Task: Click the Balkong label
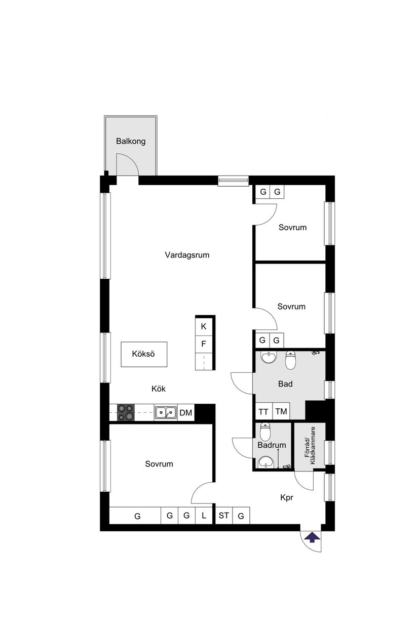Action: [x=130, y=141]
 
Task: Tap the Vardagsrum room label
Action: [x=187, y=255]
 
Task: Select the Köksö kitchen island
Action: [x=143, y=354]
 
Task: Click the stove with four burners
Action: [x=126, y=412]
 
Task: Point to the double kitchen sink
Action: [x=165, y=412]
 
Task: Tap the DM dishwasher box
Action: [x=186, y=413]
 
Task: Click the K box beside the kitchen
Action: [x=204, y=326]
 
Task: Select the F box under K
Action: [x=204, y=345]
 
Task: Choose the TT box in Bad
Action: [x=263, y=412]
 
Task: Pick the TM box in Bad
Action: [x=281, y=412]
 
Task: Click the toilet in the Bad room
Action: [x=290, y=360]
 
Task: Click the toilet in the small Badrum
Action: [x=265, y=432]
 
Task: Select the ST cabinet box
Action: [x=223, y=516]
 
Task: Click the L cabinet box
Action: [x=204, y=516]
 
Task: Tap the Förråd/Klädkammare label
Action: [x=310, y=446]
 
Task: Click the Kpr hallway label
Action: [x=287, y=498]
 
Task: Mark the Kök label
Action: [x=159, y=389]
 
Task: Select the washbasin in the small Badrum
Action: [x=265, y=461]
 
